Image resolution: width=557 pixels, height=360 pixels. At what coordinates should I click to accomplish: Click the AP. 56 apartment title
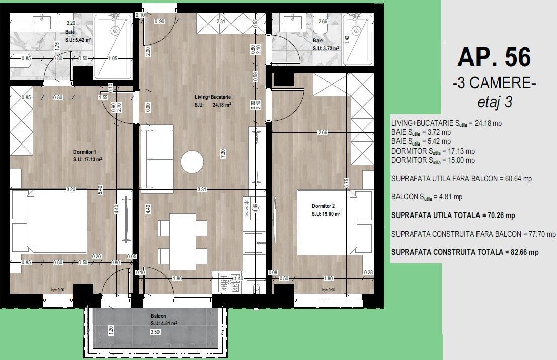(494, 58)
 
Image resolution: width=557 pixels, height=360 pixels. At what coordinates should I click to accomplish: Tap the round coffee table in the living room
(192, 161)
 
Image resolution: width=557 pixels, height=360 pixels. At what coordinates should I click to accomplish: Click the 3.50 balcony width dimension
(156, 332)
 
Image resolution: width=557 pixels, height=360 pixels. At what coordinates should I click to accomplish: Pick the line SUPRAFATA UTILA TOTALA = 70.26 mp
(453, 215)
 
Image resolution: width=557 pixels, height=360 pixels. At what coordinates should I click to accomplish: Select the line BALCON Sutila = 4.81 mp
(427, 197)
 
